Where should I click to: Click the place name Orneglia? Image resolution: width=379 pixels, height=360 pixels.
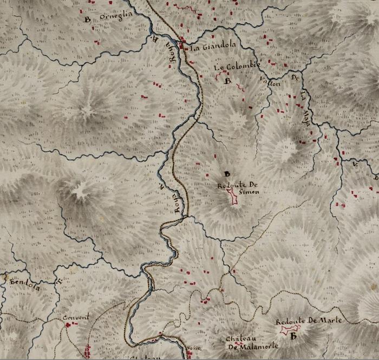coord(116,17)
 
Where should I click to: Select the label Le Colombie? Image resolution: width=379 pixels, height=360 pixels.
coord(237,67)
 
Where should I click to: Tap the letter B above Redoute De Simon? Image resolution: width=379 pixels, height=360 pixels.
coord(227,174)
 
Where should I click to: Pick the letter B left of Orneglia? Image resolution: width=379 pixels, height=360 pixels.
coord(87,19)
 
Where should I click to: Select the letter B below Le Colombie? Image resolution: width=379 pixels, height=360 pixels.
coord(228,81)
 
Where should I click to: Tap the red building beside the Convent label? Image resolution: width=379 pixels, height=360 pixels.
coord(68,325)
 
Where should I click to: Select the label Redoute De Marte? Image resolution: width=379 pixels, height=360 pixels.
coord(309,320)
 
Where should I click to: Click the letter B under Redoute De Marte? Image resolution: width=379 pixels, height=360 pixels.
coord(293,336)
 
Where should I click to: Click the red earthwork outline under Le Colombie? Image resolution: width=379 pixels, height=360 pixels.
coord(221,76)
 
